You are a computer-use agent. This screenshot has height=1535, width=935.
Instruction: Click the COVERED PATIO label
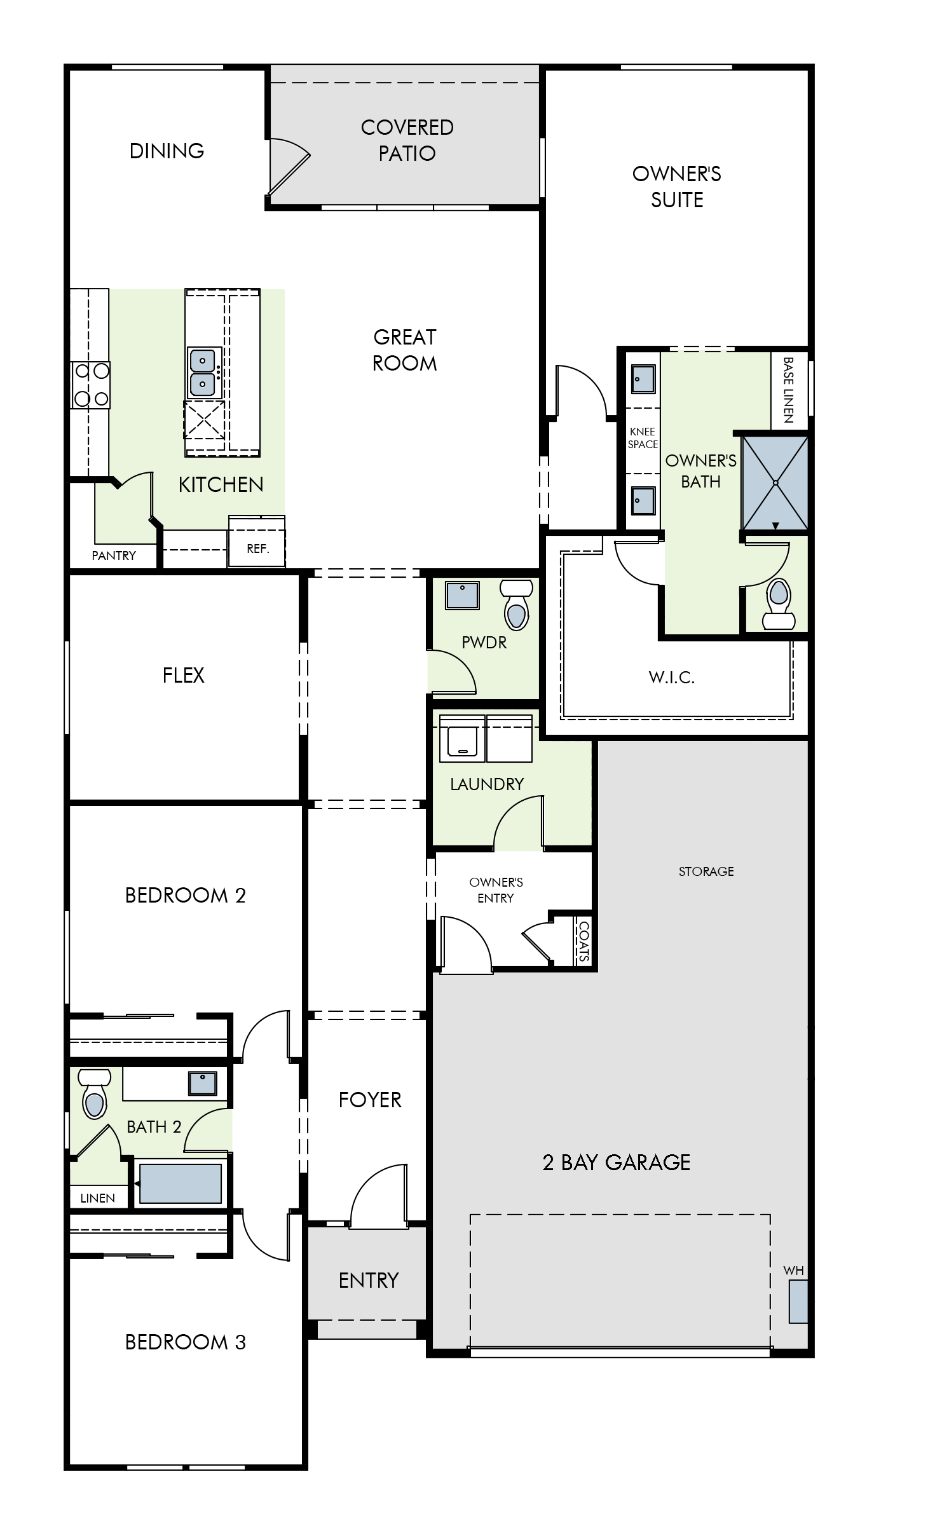coord(407,140)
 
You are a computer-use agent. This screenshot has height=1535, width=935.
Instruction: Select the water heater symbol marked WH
coord(798,1301)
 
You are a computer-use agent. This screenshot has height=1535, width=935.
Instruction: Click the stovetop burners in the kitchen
coord(91,385)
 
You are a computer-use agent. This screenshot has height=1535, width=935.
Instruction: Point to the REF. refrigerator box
coord(257,547)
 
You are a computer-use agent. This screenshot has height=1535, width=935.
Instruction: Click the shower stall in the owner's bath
coord(775,482)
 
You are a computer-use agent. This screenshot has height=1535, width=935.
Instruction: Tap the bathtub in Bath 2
coord(181,1184)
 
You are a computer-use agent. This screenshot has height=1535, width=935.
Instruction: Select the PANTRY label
coord(114,556)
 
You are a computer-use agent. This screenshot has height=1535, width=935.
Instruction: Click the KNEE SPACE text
coord(643,438)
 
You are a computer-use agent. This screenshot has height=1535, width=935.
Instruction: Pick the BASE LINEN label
coord(788,390)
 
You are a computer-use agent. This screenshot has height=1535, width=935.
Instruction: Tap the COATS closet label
coord(584,941)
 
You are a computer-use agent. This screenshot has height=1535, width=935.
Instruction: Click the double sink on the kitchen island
coord(203,372)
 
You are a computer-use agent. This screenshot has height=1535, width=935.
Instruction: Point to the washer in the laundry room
coord(462,739)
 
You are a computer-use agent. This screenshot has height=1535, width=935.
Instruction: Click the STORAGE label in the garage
coord(706,871)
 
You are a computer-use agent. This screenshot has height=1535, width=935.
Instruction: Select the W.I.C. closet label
coord(671,678)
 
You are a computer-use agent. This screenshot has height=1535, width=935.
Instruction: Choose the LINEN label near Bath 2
coord(98,1198)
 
